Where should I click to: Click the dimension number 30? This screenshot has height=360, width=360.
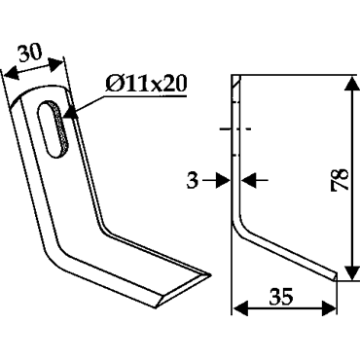tap(30, 53)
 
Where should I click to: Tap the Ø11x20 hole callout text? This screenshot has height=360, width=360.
tap(146, 84)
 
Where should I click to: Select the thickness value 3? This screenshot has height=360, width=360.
tap(192, 180)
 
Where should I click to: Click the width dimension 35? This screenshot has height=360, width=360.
tap(281, 296)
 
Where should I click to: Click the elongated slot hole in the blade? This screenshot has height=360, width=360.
tap(54, 129)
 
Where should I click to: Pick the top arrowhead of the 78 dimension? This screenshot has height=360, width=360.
tap(351, 84)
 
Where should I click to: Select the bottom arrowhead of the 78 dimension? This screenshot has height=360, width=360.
tap(351, 272)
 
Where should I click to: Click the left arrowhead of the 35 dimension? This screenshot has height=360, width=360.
tap(241, 307)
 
